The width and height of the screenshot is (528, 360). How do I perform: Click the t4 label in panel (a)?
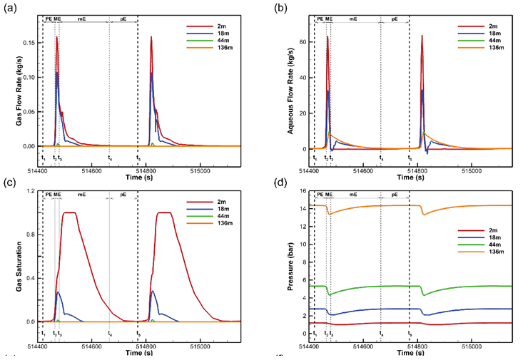pyautogui.click(x=109, y=158)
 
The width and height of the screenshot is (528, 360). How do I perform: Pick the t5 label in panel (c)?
pyautogui.click(x=138, y=333)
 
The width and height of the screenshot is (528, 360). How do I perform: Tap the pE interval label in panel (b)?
pyautogui.click(x=395, y=18)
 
